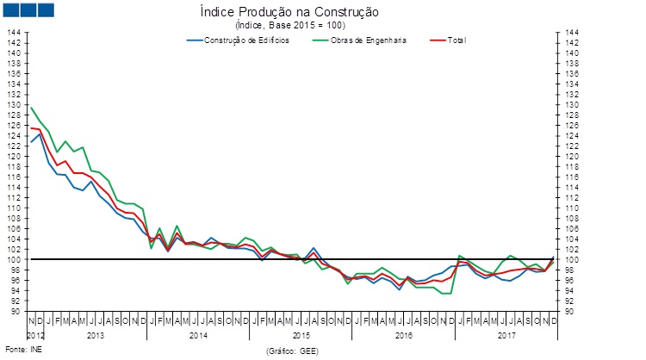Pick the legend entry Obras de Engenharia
click(x=370, y=40)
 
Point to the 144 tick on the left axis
click(x=15, y=32)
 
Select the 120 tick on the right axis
click(x=570, y=156)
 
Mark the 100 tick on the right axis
click(x=570, y=259)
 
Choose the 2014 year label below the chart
click(x=198, y=333)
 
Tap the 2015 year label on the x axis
click(x=301, y=333)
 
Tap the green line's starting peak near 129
click(x=31, y=108)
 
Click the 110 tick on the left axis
click(x=15, y=208)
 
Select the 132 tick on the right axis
click(x=570, y=94)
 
